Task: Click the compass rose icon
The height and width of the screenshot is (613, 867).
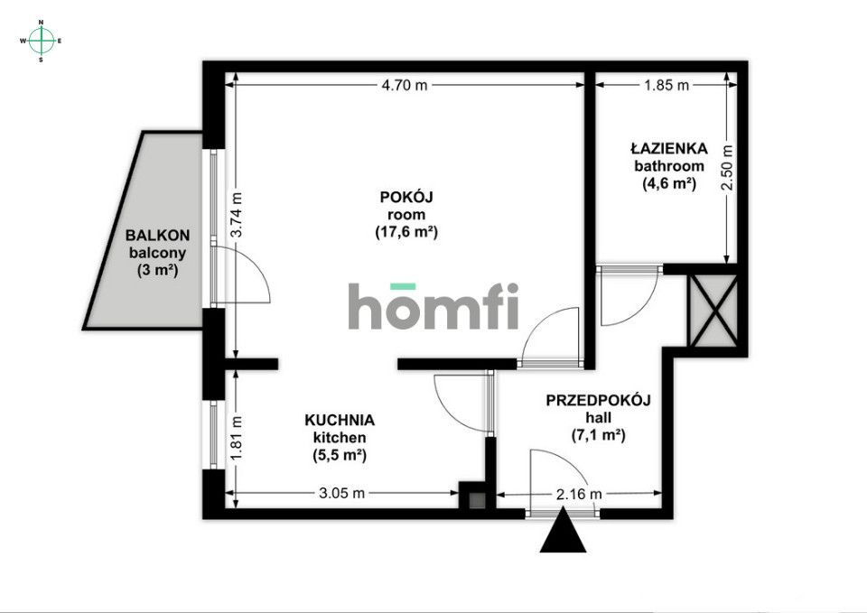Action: tap(41, 41)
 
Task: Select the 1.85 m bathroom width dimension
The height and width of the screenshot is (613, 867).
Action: tap(666, 86)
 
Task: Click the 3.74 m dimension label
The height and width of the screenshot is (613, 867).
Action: tap(237, 215)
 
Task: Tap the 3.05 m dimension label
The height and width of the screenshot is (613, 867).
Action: tap(343, 493)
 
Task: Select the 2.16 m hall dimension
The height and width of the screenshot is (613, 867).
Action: tap(579, 494)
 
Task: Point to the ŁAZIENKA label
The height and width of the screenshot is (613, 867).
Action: tap(668, 149)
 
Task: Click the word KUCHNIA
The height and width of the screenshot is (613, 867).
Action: tap(339, 420)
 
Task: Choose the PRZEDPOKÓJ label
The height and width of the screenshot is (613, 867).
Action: tap(599, 400)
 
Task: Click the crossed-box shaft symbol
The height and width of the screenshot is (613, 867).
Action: tap(714, 311)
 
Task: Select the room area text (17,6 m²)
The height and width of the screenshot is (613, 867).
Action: tap(406, 232)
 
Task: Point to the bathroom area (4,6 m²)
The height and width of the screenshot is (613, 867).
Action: tap(668, 183)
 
